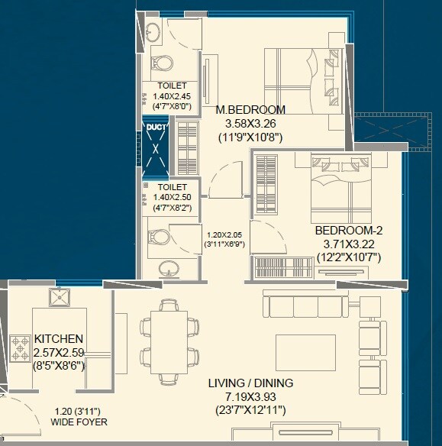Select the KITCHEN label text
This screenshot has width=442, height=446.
pyautogui.click(x=59, y=338)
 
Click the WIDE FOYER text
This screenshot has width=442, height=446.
pyautogui.click(x=79, y=422)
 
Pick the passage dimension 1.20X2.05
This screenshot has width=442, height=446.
pyautogui.click(x=224, y=235)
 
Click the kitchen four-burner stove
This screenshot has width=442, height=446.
pyautogui.click(x=19, y=347)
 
